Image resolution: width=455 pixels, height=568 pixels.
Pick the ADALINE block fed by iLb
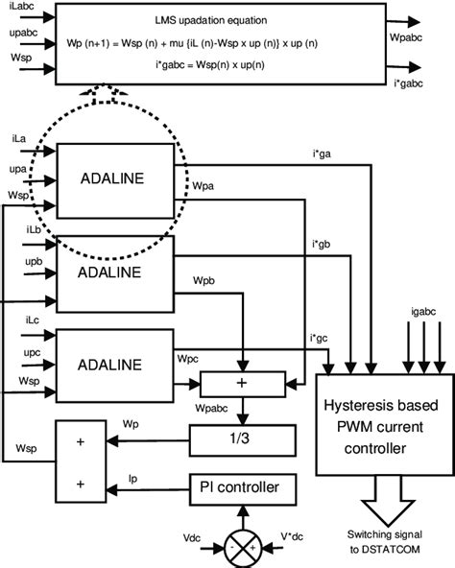pyautogui.click(x=113, y=272)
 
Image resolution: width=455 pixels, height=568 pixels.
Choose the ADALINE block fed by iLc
pyautogui.click(x=113, y=365)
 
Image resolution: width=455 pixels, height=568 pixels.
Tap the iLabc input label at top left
pyautogui.click(x=18, y=12)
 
